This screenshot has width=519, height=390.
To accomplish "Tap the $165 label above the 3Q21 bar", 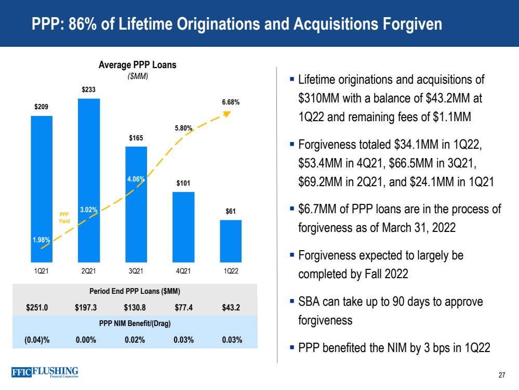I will tap(136, 138).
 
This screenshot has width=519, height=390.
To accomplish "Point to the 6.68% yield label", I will tap(230, 102).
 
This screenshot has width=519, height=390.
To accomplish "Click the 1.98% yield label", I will tap(41, 240).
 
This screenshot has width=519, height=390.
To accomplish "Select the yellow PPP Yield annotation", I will tap(64, 216).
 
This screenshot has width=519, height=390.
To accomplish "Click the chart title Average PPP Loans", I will tap(138, 65).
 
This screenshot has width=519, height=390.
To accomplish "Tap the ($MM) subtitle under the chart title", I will tap(138, 76).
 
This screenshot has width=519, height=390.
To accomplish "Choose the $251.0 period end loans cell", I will tap(37, 307).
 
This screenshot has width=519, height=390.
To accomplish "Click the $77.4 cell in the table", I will tap(184, 307).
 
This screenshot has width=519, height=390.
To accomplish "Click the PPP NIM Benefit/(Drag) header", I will tap(135, 323).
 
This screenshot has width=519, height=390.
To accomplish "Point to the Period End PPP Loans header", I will tap(135, 291).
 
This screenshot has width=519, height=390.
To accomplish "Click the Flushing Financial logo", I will tap(45, 373).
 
